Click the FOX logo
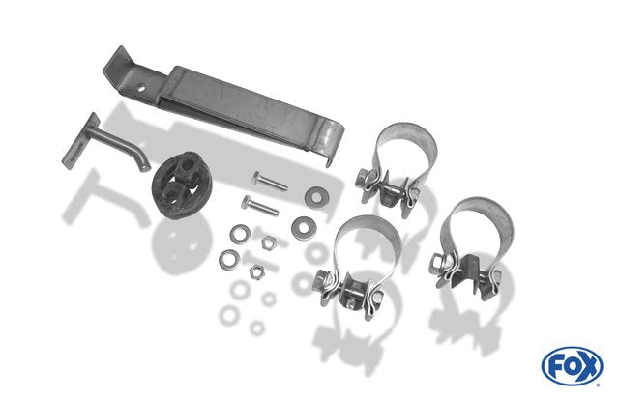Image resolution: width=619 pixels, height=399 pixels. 572,366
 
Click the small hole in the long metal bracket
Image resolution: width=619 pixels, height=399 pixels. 141,89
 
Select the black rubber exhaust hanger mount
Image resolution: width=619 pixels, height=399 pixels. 182,185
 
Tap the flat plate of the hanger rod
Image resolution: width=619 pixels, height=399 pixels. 80,141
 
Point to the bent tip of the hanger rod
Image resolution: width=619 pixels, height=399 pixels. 144,164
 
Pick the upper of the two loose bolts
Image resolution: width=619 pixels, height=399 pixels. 270,182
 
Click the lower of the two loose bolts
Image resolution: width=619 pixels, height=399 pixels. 259,206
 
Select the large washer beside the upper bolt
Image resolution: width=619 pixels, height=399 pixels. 316,195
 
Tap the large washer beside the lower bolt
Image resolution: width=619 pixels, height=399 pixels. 303,227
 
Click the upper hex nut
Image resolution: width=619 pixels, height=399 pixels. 269,242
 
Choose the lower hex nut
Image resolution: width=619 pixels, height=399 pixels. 256,271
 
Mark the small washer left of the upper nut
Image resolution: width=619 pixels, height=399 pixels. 240,234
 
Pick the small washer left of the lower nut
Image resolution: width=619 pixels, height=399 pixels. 229,260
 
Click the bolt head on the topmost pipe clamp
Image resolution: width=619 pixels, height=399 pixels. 363,179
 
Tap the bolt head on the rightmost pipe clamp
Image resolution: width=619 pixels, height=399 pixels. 437,263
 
